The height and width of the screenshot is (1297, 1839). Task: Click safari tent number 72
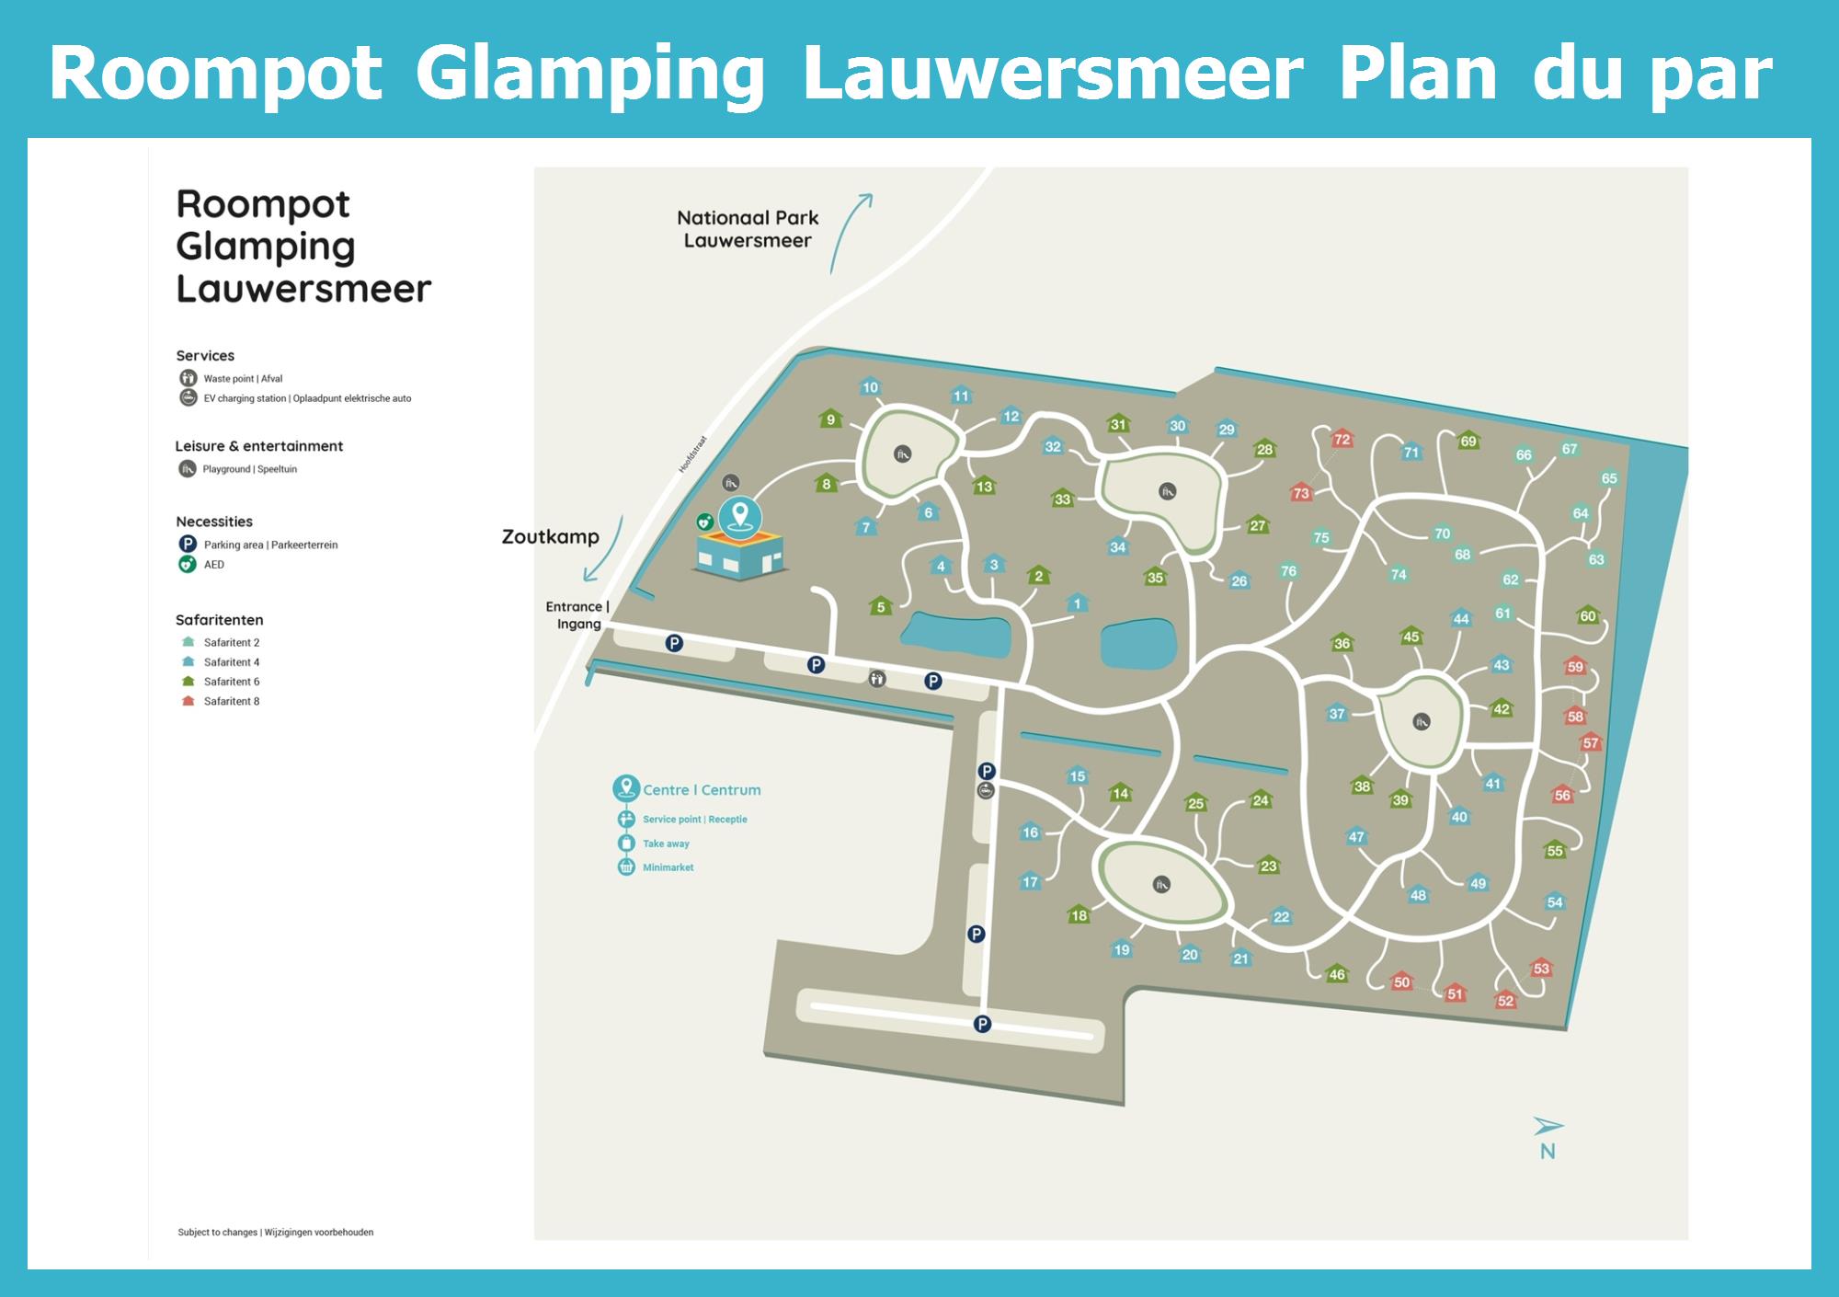[x=1342, y=439]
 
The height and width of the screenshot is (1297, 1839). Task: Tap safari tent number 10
[x=870, y=387]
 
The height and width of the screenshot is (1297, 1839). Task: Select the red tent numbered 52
[x=1505, y=1000]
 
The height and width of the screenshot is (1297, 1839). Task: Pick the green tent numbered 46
[x=1337, y=974]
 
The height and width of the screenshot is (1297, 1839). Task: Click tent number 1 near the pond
[x=1077, y=603]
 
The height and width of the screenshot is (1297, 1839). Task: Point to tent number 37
[x=1337, y=713]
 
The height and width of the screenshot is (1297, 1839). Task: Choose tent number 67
[x=1569, y=449]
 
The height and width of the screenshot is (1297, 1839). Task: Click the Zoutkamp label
[x=550, y=536]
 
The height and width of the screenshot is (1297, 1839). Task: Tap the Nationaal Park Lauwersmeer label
[x=748, y=229]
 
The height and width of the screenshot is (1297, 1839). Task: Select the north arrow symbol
[x=1548, y=1127]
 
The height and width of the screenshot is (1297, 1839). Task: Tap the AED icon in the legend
[x=188, y=565]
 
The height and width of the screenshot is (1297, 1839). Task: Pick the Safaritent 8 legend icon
[x=188, y=701]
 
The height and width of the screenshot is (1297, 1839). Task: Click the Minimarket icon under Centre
[x=626, y=867]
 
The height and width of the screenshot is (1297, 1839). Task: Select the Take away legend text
[x=666, y=844]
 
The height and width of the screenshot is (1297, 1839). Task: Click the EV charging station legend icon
[x=188, y=398]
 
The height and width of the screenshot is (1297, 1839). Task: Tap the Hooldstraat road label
[x=692, y=454]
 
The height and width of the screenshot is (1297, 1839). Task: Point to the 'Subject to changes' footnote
[x=275, y=1232]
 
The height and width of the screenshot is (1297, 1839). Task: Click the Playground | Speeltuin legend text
[x=249, y=469]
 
